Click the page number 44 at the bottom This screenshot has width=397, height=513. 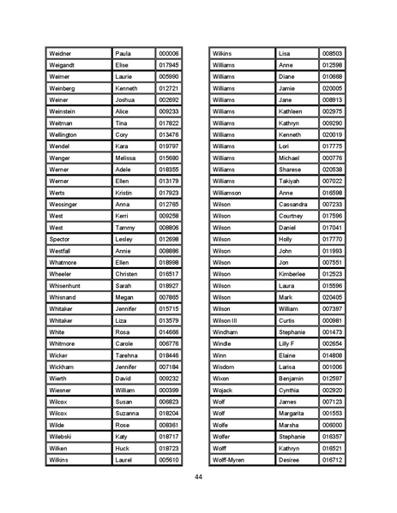coord(198,476)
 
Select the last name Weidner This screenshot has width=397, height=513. coord(62,53)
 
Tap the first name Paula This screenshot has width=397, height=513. coord(123,53)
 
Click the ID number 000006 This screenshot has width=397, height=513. coord(168,53)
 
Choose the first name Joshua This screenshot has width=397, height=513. coord(125,99)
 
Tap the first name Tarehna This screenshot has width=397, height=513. coord(127,355)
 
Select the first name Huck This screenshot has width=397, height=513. coord(123,447)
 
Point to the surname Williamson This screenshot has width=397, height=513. coord(229,193)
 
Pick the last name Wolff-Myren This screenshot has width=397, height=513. coord(229,459)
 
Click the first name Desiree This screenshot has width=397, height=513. coord(290,459)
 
